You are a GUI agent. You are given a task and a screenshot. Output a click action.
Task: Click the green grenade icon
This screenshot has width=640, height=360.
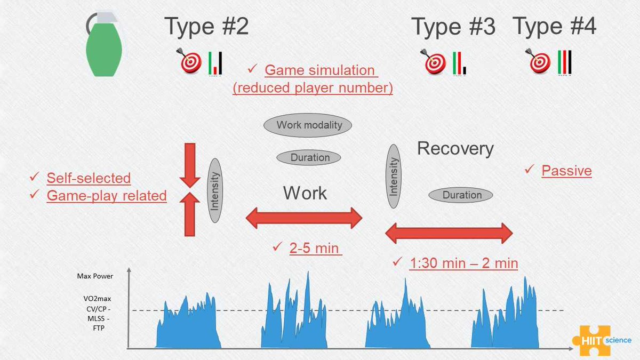pos(104,46)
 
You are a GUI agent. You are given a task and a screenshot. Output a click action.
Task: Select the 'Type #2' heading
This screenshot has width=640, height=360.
pos(206,26)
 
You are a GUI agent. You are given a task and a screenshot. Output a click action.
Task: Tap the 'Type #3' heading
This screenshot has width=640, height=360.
pos(453,26)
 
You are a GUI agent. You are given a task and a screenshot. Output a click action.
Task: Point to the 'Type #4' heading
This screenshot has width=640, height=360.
pos(554,26)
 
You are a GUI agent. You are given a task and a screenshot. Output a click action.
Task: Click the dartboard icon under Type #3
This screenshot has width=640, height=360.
pos(433,61)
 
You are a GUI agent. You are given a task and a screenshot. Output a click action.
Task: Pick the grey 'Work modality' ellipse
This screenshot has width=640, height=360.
pos(308,125)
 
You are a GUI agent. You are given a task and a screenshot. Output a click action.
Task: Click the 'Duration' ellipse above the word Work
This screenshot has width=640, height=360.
pos(309,157)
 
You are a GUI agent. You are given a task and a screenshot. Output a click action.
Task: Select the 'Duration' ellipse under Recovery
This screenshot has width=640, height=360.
pos(461,195)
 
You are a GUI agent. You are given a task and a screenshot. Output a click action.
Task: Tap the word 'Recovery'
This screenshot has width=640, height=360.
pos(455,149)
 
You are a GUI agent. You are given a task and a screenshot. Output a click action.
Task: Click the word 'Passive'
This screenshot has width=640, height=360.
pos(566,171)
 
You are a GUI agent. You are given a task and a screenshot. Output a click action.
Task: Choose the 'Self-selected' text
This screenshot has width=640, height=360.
pos(89,178)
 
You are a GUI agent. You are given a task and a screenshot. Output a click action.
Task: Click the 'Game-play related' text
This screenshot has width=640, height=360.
pos(107,196)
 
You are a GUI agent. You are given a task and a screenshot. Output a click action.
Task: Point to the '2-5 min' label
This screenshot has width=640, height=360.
pos(314,247)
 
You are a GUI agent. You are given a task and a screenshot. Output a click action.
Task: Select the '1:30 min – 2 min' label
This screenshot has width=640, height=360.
pos(463,263)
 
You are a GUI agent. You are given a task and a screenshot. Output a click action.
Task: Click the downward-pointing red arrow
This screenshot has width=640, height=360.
pos(190,165)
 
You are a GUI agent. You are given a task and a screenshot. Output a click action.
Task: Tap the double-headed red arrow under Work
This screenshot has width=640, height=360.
pos(304,218)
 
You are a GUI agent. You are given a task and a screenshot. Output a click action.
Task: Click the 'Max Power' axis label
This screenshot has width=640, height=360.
pos(95,276)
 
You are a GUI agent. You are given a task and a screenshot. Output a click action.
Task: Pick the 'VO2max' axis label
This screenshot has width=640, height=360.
pos(97,299)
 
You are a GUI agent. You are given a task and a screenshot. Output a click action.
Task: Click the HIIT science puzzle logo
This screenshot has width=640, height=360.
pos(602,340)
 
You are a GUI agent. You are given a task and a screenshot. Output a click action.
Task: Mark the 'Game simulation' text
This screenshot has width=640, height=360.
pos(319,70)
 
